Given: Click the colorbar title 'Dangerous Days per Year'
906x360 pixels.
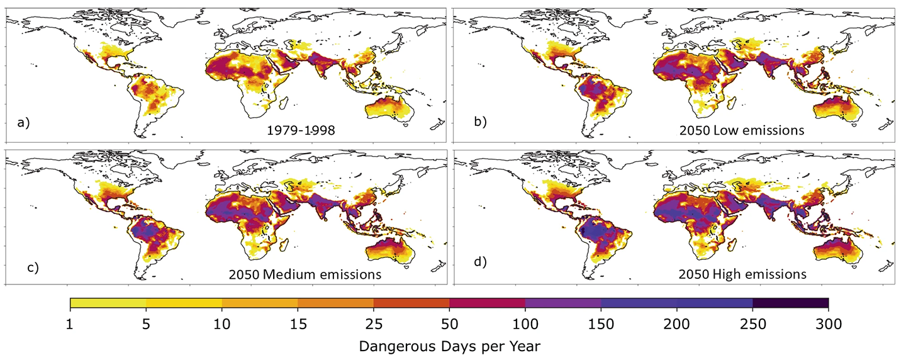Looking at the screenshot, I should pos(449,346).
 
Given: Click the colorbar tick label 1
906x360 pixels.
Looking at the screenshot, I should pos(70,324).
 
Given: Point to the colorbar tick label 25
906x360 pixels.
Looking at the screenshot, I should pos(374,324).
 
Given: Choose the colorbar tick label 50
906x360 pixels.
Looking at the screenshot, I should pos(449,324).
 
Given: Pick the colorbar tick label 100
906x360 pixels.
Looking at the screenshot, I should pos(525,324).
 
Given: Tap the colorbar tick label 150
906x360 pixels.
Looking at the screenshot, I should pos(601,324).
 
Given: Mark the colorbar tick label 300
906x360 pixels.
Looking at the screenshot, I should pos(828,324).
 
